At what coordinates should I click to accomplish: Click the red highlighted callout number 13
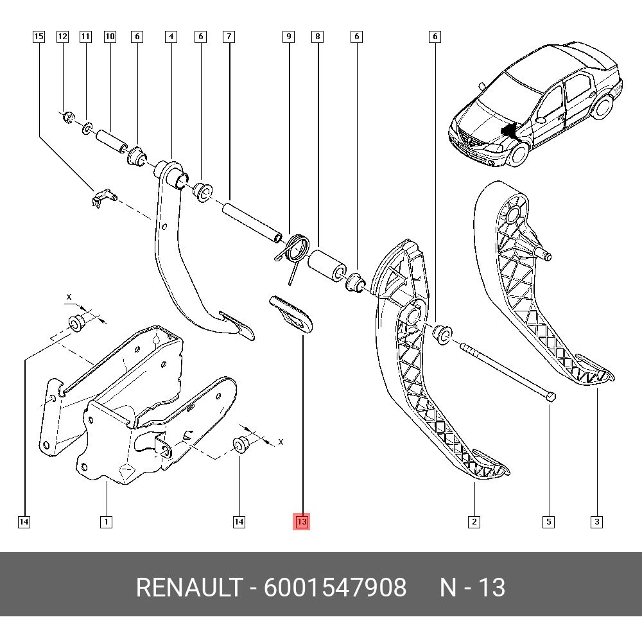tap(301, 521)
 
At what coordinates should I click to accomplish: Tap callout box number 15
tap(39, 37)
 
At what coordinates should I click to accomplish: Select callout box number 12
tap(62, 37)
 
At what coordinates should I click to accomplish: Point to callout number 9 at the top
tap(289, 37)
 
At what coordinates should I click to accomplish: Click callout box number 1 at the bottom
tap(106, 521)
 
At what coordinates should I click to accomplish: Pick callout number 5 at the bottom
tap(549, 521)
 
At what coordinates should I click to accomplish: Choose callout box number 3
tap(596, 521)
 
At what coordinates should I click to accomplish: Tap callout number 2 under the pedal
tap(474, 521)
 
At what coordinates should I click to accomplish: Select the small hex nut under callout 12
tap(67, 119)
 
